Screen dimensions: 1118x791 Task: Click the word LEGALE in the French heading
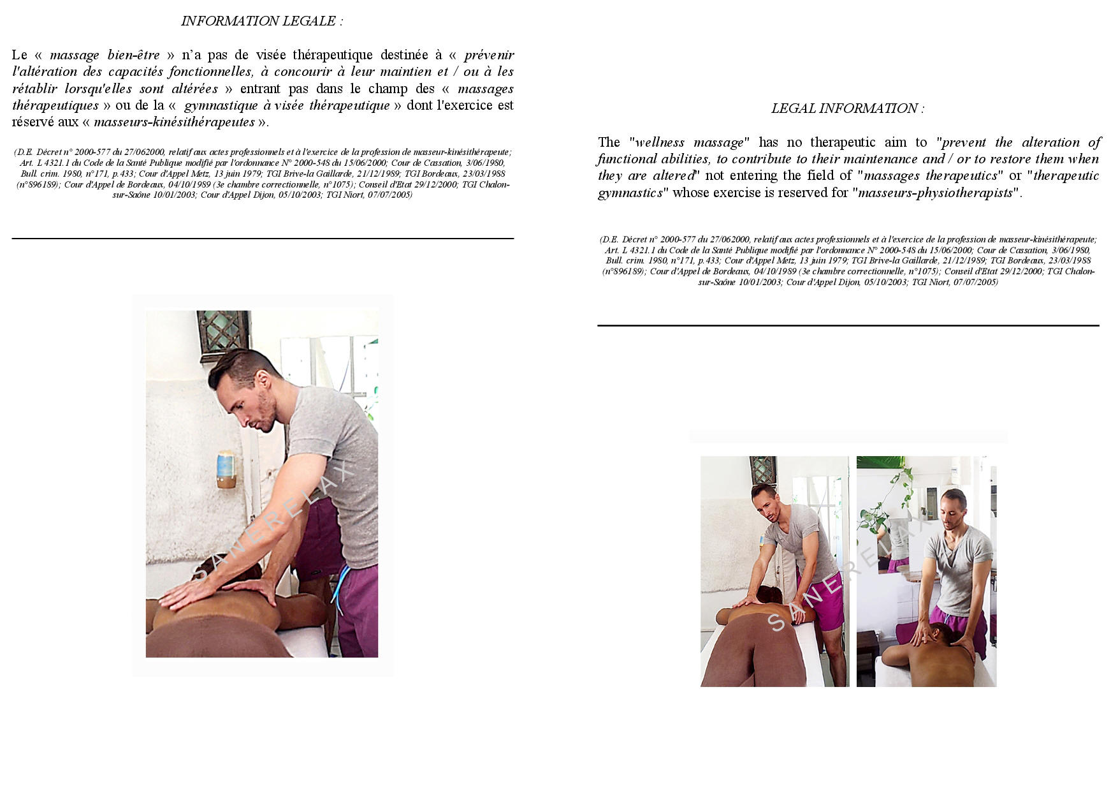[x=310, y=21]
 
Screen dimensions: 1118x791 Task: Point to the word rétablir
[x=35, y=89]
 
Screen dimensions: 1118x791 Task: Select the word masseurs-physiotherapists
[x=935, y=193]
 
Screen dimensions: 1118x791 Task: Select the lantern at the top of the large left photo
[x=223, y=330]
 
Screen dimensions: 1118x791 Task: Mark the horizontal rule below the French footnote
[x=263, y=239]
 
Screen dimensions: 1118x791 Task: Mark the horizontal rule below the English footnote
[x=848, y=325]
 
